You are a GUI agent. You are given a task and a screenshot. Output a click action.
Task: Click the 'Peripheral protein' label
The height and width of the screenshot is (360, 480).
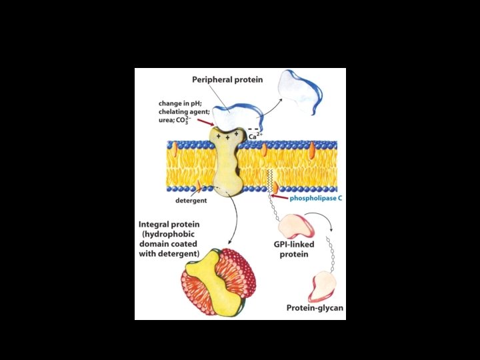click(227, 80)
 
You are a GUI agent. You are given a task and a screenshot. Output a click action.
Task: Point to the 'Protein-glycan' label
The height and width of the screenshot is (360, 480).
click(315, 308)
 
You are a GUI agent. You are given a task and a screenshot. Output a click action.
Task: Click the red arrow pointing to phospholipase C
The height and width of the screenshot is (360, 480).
click(279, 198)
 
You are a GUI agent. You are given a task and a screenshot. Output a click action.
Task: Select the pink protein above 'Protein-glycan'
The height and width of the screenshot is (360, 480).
click(323, 285)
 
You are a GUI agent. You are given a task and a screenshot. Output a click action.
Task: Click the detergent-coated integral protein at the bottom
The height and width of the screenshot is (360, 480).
click(214, 282)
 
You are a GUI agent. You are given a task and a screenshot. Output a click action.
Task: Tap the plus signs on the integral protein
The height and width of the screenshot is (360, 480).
click(227, 136)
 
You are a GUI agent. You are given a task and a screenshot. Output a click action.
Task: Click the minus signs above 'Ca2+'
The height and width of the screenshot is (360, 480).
click(253, 129)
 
